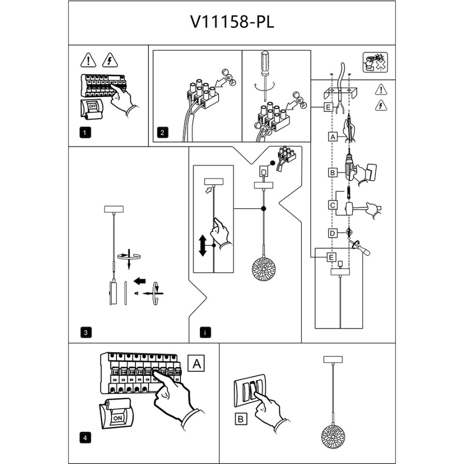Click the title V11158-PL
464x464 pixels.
(x=231, y=22)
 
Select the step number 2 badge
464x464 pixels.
(x=162, y=132)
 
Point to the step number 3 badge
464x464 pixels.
(x=86, y=332)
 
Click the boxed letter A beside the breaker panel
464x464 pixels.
(x=196, y=363)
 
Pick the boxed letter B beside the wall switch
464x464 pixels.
(x=241, y=419)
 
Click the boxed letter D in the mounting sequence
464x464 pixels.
(x=333, y=233)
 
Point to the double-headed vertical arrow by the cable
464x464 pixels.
(x=204, y=245)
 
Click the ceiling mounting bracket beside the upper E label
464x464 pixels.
(x=341, y=93)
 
